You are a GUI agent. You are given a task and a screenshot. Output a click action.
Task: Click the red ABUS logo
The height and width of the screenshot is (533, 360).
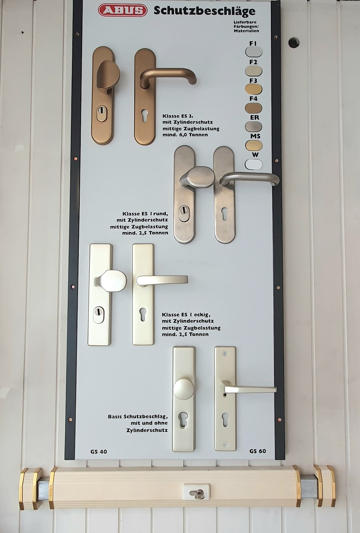(x=123, y=10)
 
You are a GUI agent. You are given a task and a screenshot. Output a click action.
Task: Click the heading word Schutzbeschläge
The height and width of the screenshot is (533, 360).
(x=205, y=11)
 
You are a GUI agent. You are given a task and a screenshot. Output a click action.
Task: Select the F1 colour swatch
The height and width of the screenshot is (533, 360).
(x=254, y=52)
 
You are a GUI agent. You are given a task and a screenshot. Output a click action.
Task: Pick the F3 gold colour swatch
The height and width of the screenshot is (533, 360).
(x=254, y=89)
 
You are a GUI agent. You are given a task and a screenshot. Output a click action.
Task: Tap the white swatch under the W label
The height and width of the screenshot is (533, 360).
(x=254, y=164)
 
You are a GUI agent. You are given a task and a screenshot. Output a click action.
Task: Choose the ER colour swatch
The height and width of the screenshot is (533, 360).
(x=254, y=127)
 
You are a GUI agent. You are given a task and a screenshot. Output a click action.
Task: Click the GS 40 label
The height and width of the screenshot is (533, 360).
(x=99, y=451)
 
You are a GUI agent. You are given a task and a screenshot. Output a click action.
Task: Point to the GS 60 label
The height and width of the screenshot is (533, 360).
(x=258, y=451)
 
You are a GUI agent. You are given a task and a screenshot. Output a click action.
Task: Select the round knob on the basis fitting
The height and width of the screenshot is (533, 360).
(x=183, y=389)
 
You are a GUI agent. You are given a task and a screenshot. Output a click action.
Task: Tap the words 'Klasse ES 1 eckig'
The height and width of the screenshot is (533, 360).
(x=186, y=314)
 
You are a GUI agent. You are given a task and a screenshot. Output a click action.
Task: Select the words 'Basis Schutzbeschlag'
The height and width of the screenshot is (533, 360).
(x=138, y=417)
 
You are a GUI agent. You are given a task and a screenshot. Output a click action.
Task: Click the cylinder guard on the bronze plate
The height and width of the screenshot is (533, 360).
(x=102, y=114)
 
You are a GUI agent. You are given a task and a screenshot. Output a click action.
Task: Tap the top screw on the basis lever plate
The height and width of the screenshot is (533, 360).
(x=225, y=353)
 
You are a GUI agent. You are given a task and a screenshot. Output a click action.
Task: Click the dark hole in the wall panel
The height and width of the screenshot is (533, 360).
(x=294, y=42)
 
